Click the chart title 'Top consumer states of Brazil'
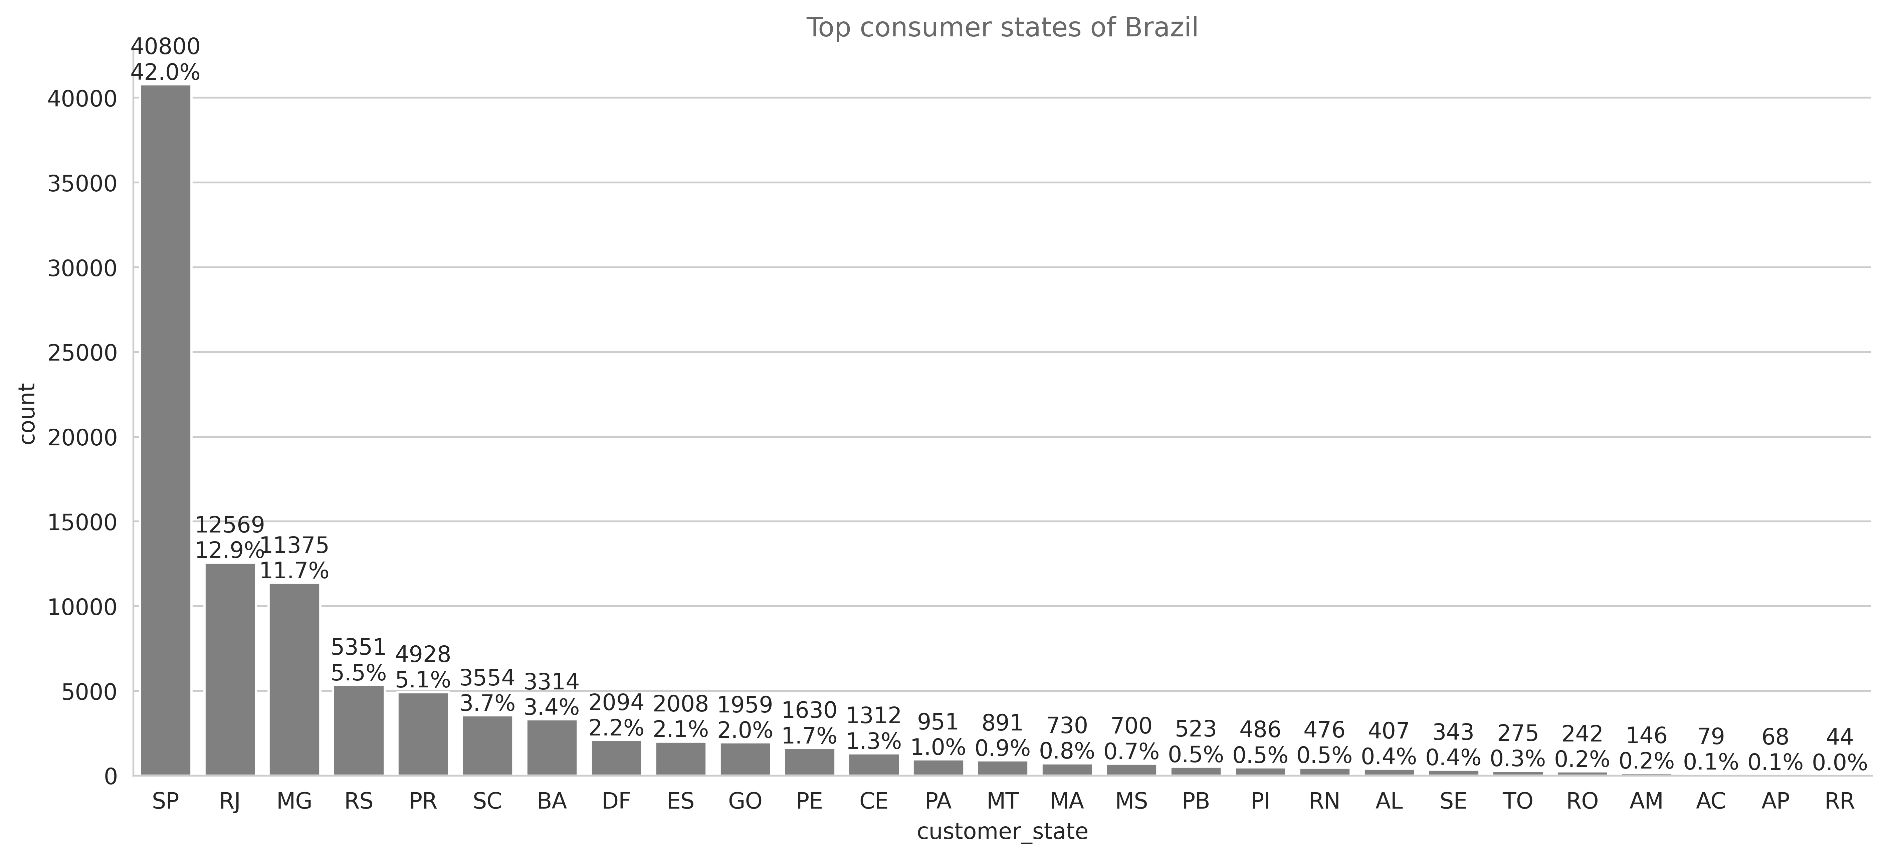[1002, 28]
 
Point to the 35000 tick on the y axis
[92, 183]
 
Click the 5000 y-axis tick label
[100, 692]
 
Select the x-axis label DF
[616, 801]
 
